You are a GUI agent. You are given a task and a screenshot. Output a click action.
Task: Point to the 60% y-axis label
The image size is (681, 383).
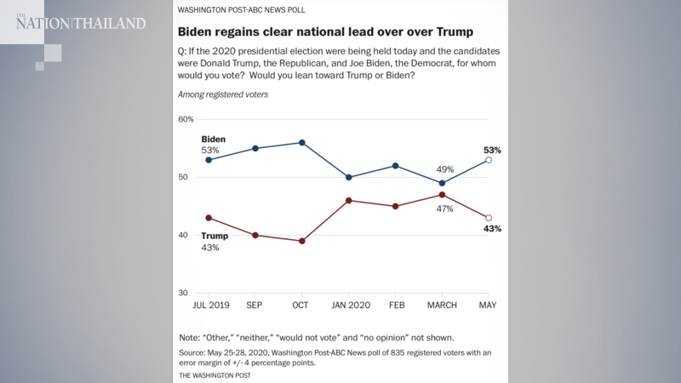pyautogui.click(x=186, y=119)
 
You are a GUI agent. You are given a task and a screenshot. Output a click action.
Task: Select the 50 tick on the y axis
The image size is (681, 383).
pyautogui.click(x=186, y=177)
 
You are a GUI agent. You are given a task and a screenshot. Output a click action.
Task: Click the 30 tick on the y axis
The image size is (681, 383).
pyautogui.click(x=186, y=293)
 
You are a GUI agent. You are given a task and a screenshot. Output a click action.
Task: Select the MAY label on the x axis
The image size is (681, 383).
pyautogui.click(x=488, y=305)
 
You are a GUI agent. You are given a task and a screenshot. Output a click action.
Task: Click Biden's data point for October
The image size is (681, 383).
pyautogui.click(x=302, y=142)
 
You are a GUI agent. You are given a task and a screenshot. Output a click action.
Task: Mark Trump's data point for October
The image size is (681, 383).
pyautogui.click(x=302, y=241)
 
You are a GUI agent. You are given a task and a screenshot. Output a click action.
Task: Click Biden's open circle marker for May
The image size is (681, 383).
pyautogui.click(x=488, y=160)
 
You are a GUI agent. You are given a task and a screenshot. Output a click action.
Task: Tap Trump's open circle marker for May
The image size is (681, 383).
pyautogui.click(x=488, y=218)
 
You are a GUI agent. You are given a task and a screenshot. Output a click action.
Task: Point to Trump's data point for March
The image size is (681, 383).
pyautogui.click(x=442, y=195)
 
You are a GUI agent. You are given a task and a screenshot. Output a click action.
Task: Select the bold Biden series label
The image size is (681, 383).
pyautogui.click(x=214, y=139)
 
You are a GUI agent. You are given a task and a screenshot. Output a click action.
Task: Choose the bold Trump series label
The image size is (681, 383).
pyautogui.click(x=215, y=236)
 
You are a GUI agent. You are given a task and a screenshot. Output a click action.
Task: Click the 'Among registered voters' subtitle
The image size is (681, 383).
pyautogui.click(x=223, y=94)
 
